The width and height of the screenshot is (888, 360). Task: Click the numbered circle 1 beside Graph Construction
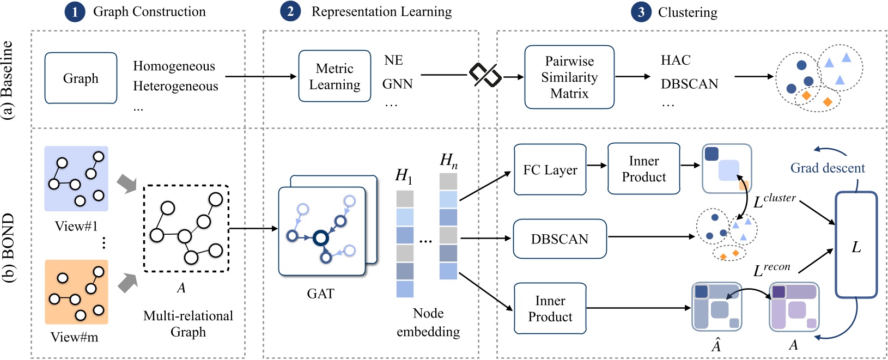[x=75, y=12]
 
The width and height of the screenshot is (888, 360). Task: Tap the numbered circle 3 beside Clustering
[x=641, y=12]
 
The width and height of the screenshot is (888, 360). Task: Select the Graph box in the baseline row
[x=81, y=78]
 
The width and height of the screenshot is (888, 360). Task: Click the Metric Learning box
[x=334, y=76]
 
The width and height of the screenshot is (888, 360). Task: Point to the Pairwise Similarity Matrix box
[x=569, y=77]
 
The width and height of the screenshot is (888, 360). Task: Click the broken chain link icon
[x=485, y=75]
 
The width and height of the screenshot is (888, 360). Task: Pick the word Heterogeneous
[x=175, y=86]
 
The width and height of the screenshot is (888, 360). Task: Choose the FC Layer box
[x=550, y=169]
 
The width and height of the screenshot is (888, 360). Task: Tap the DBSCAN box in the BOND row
[x=559, y=239]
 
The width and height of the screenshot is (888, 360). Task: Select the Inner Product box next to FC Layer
[x=643, y=169]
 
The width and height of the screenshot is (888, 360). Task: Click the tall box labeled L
[x=856, y=245]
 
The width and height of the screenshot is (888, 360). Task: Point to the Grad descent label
[x=827, y=168]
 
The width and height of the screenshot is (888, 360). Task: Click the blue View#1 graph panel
[x=76, y=179]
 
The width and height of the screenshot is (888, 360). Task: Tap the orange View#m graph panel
[x=76, y=292]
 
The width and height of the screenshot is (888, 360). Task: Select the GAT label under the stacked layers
[x=320, y=294]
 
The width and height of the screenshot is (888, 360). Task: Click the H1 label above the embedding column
[x=404, y=175]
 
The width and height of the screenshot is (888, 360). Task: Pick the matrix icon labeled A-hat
[x=716, y=306]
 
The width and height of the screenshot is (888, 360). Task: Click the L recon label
[x=771, y=269]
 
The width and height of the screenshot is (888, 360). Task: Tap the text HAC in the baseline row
[x=676, y=60]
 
